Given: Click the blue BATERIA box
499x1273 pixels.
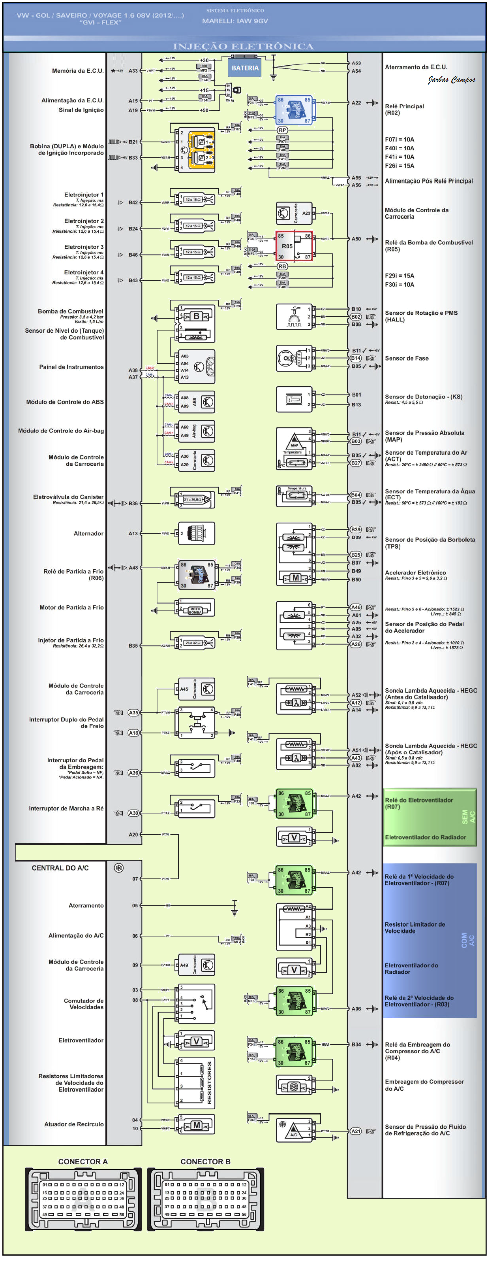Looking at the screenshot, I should pos(245,68).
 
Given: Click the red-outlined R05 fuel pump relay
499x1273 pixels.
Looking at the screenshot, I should pos(294,246).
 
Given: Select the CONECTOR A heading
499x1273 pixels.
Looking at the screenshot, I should pos(83,1162).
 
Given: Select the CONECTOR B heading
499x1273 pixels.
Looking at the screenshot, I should pos(205,1162).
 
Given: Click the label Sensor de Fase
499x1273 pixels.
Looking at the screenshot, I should pos(406,358).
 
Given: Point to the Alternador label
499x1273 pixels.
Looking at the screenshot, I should pos(88,533).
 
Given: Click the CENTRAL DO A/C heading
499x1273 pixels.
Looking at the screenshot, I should pos(60,868).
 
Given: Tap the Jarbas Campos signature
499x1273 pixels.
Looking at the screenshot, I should pos(451,79).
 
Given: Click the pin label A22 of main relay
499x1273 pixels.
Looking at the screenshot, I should pos(356,103).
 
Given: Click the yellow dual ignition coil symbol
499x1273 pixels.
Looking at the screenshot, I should pos(201,149).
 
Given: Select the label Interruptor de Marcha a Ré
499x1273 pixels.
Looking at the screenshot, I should pos(66,808).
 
